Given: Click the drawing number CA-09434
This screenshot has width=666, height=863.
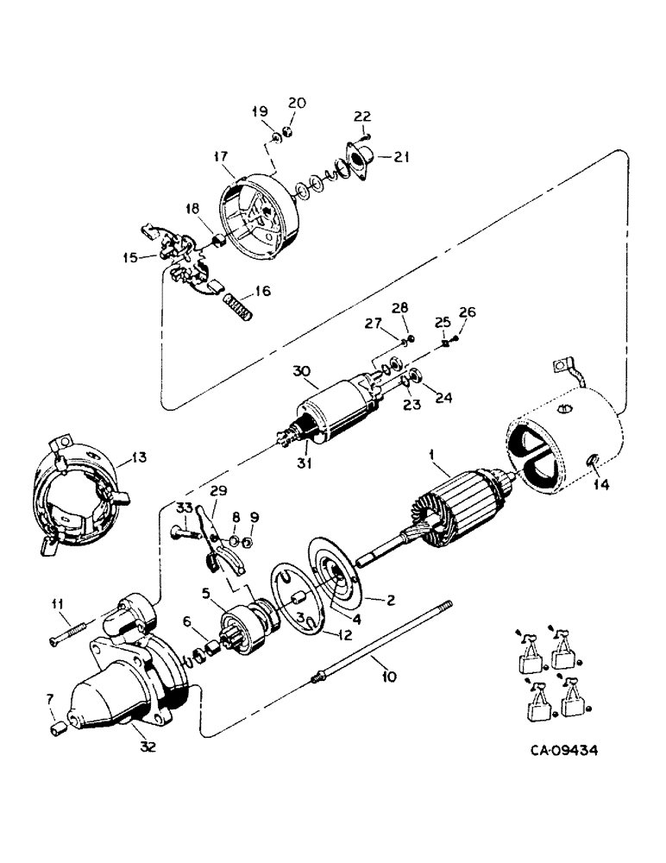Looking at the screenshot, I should [565, 750].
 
